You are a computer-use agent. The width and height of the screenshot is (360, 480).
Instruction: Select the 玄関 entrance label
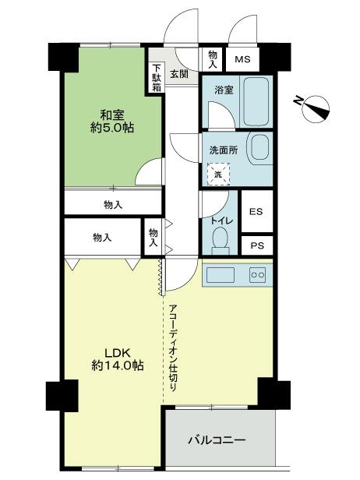click(178, 75)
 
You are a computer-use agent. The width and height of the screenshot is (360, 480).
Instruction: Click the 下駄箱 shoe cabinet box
click(157, 77)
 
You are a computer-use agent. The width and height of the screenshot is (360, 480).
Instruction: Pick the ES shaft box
click(256, 212)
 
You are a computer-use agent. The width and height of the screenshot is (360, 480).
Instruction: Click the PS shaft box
click(256, 244)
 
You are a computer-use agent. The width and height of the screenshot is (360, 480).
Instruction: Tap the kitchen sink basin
click(220, 274)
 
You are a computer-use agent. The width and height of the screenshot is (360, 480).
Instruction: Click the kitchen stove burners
click(256, 274)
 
